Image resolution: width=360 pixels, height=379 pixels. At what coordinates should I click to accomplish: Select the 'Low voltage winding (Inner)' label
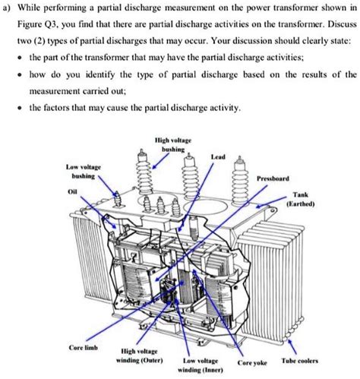[207, 364]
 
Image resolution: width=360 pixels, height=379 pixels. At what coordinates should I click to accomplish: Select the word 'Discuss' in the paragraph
[334, 24]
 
